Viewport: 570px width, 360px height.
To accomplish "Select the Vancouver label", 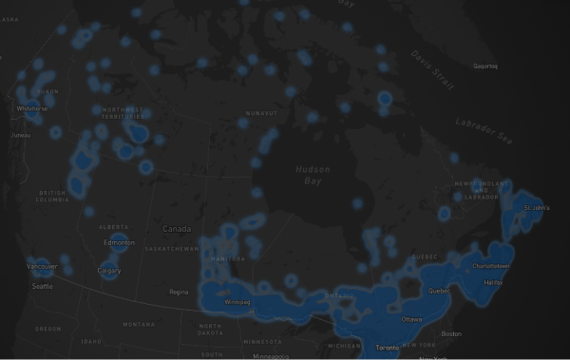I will click(x=42, y=267).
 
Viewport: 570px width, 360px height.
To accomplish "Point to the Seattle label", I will click(x=42, y=286).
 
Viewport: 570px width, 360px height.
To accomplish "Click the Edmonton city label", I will click(x=119, y=242).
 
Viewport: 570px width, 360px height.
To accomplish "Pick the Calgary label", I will click(x=108, y=271).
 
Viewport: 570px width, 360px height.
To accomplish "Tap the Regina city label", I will click(x=178, y=292).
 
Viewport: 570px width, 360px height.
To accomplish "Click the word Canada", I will click(x=176, y=229).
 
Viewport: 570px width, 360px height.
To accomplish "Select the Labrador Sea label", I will click(x=484, y=132).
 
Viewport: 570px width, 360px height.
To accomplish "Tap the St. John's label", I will click(x=538, y=206).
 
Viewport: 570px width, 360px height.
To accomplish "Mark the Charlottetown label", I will click(x=490, y=266).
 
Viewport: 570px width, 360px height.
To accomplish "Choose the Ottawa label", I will click(x=412, y=319).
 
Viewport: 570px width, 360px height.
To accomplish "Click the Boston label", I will click(x=451, y=333).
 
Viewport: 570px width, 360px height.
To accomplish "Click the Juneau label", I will click(x=21, y=135).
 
